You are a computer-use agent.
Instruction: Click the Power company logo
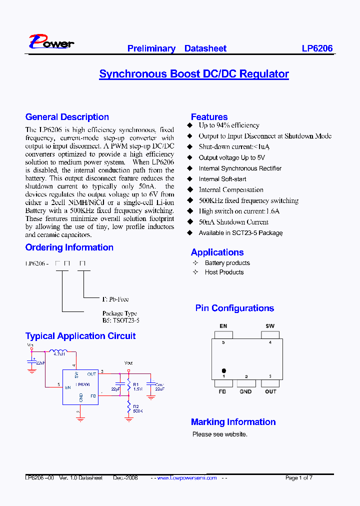click(51, 42)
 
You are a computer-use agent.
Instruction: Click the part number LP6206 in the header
click(317, 48)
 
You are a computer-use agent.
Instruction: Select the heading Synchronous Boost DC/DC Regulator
click(194, 74)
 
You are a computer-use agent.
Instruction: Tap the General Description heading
click(67, 117)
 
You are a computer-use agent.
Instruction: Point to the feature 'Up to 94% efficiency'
click(228, 125)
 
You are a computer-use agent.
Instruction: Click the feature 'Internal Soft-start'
click(222, 179)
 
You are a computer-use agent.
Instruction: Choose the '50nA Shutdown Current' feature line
click(233, 222)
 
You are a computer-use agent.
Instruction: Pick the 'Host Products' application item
click(224, 272)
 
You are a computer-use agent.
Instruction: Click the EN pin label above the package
click(223, 326)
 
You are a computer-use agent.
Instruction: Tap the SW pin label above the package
click(270, 326)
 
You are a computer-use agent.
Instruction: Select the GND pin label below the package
click(245, 391)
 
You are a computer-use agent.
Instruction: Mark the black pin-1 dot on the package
click(223, 370)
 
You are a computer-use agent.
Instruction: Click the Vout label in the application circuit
click(128, 363)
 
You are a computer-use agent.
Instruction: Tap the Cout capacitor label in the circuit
click(159, 384)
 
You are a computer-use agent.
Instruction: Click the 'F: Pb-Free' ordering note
click(115, 299)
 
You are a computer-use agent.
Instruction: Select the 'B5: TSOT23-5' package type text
click(120, 320)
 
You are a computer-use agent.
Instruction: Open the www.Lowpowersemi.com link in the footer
click(187, 478)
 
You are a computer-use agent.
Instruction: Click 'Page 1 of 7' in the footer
click(299, 478)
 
